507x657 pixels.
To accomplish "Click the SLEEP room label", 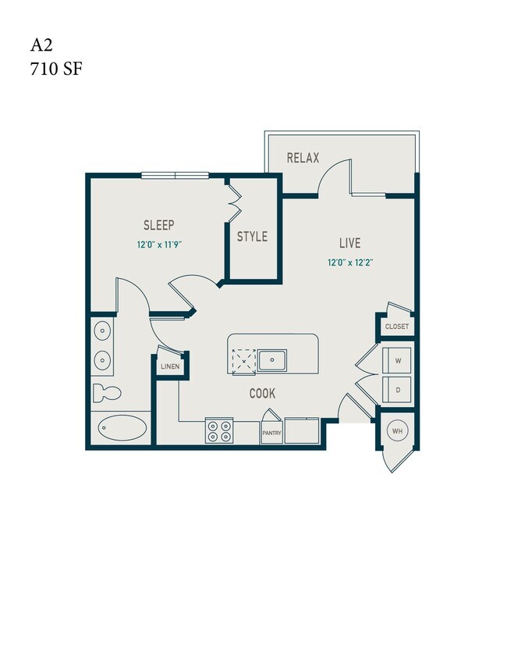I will [x=158, y=226].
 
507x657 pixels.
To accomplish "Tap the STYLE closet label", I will [x=252, y=237].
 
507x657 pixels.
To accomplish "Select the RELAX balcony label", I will [x=303, y=158].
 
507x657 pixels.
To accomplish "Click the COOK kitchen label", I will [x=262, y=394].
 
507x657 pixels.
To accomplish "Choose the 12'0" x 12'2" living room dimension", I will [x=350, y=262].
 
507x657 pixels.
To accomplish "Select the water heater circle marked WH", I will [x=398, y=431].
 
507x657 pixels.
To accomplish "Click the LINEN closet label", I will [x=169, y=366].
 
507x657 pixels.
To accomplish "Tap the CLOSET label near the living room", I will [x=396, y=327].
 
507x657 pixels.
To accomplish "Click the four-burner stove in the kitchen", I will [x=219, y=431].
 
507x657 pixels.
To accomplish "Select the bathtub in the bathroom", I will [x=122, y=428].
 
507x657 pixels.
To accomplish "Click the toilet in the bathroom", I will [x=104, y=391].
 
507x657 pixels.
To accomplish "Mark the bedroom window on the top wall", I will [x=175, y=174].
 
